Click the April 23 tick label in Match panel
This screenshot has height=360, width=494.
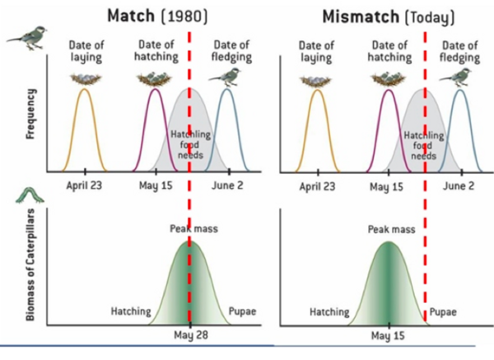84,186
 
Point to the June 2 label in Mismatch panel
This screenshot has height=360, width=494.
459,186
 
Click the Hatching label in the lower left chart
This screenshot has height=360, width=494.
131,312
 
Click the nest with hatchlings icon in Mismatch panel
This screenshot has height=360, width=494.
388,79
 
